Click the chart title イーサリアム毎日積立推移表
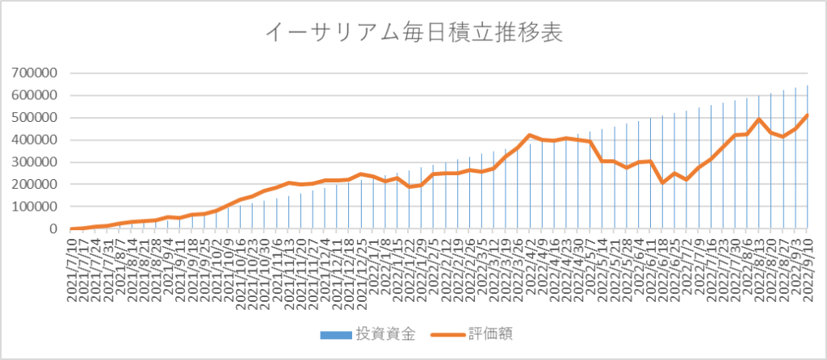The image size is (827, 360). (413, 33)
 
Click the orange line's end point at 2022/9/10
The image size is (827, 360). (808, 115)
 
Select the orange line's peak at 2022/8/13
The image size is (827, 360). (760, 119)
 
